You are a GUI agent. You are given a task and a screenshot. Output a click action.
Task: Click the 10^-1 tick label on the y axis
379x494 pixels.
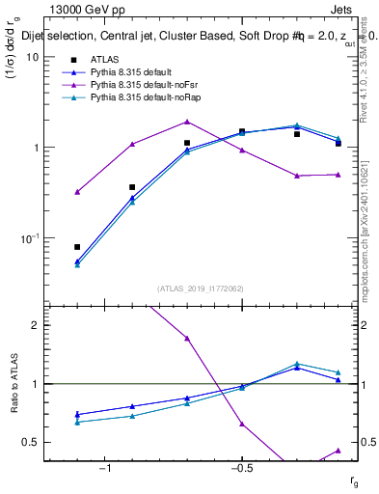(x=28, y=238)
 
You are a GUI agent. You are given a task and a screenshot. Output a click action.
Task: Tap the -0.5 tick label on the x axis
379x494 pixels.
(x=241, y=469)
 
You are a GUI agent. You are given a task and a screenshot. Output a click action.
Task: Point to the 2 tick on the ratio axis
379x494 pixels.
(x=34, y=325)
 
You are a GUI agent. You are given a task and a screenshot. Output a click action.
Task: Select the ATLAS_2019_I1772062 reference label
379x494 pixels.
(x=199, y=287)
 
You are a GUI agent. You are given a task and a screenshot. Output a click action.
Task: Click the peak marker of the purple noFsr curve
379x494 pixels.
(x=187, y=122)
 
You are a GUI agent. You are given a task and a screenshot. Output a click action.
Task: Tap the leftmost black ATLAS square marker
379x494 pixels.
(x=77, y=247)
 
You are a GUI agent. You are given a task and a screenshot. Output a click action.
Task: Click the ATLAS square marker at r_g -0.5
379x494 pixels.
(x=242, y=131)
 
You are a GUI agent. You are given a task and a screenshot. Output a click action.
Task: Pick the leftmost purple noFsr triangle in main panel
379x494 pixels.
(x=77, y=192)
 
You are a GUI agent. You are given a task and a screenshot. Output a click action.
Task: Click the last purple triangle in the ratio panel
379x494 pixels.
(x=338, y=451)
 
